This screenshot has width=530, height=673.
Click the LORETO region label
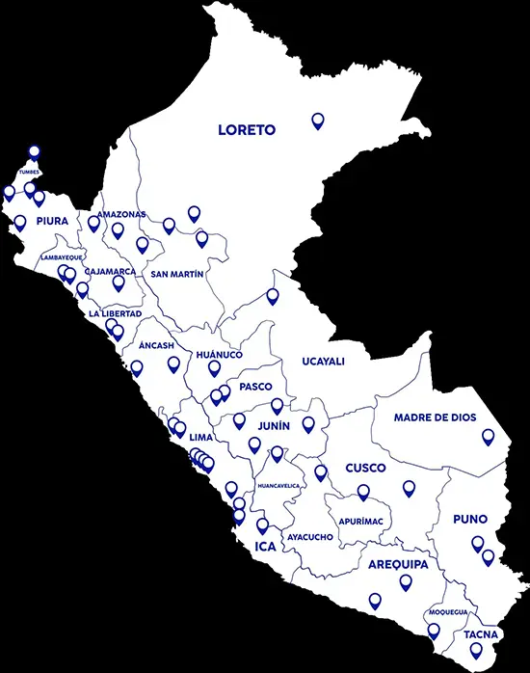point(247,129)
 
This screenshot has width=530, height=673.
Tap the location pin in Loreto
point(318,121)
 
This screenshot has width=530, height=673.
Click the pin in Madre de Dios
point(489,437)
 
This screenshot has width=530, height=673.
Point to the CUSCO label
point(365,468)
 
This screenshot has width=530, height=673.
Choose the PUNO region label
point(470,519)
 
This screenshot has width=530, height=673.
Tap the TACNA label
point(480,634)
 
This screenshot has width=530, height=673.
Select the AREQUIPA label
point(398,564)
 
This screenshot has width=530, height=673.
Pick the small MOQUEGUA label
point(448,612)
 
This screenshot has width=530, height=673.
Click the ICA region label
point(265,547)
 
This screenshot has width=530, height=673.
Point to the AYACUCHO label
point(310,536)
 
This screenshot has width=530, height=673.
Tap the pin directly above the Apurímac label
point(363,492)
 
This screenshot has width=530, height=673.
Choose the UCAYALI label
point(323,362)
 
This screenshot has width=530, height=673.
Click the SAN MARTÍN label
point(177,274)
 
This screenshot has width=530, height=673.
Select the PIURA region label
point(52,221)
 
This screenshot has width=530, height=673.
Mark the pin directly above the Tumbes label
point(34,151)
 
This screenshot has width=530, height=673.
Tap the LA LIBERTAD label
point(115,314)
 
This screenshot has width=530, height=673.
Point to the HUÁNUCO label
point(219,355)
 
